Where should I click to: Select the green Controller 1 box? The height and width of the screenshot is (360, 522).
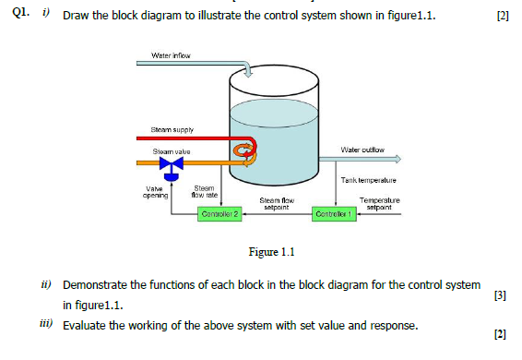(x=333, y=215)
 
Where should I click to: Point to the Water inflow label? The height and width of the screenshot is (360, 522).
(x=171, y=56)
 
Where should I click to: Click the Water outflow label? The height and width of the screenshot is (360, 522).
(x=362, y=149)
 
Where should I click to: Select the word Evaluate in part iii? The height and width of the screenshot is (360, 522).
(x=85, y=326)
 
